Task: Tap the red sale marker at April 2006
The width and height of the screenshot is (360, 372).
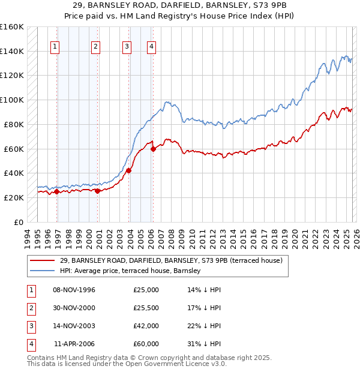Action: point(153,149)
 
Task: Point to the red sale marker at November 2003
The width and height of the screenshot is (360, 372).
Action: point(128,170)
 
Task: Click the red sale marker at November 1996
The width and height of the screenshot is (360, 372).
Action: point(56,191)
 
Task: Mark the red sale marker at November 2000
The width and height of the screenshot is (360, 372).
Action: point(97,191)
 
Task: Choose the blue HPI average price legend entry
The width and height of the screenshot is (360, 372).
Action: point(130,271)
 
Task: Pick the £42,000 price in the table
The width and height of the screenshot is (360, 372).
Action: point(146,326)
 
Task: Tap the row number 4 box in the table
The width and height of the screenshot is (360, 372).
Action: point(30,344)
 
